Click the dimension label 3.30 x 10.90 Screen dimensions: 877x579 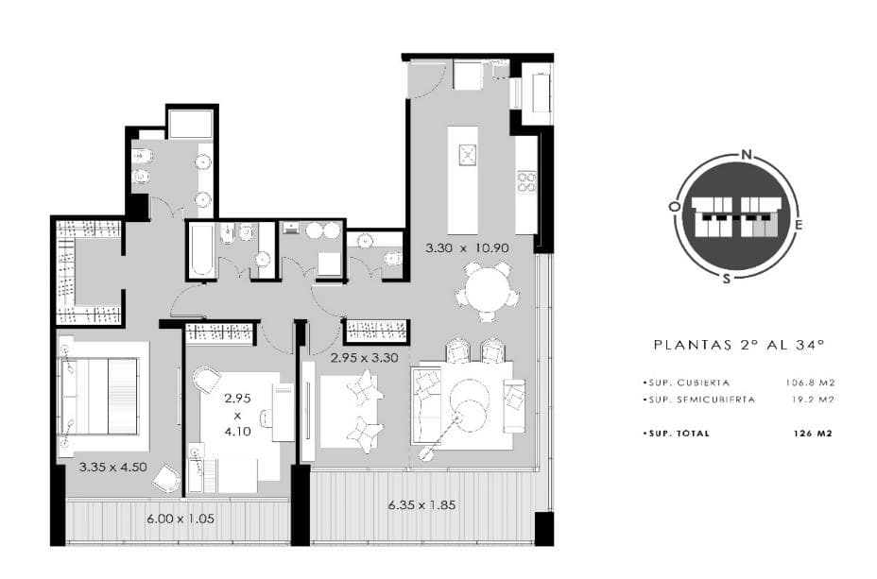[x=467, y=247]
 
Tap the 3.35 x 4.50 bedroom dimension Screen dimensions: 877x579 [x=113, y=468]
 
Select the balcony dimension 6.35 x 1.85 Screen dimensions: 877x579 [x=421, y=505]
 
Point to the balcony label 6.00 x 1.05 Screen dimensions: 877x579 [x=181, y=519]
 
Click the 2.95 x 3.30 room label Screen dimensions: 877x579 [x=364, y=358]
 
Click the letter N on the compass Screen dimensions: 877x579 [x=746, y=155]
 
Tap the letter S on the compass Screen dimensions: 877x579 [x=727, y=279]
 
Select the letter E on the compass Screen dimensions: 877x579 [x=799, y=225]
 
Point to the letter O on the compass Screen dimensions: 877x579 [x=675, y=206]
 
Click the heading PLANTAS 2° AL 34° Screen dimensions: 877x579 [x=739, y=345]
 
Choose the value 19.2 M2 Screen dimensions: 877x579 [x=814, y=400]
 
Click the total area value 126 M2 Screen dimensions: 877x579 [x=813, y=434]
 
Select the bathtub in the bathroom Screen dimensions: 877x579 [x=200, y=249]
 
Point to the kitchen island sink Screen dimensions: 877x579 [x=467, y=154]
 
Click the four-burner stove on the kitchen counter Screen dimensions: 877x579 [x=526, y=182]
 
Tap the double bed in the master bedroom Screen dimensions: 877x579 [x=99, y=396]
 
